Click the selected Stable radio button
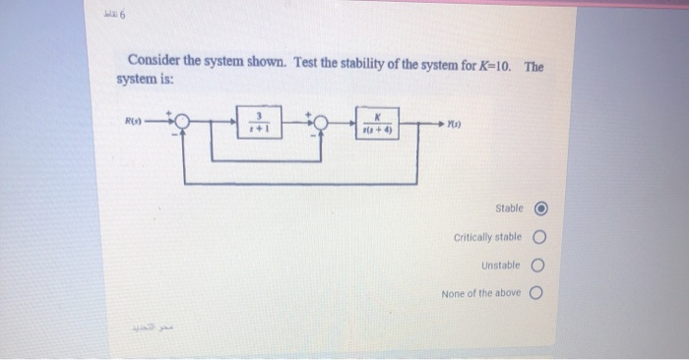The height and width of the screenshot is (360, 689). pyautogui.click(x=539, y=209)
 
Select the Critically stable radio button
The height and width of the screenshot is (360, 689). pyautogui.click(x=539, y=237)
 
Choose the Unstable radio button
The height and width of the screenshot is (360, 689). pyautogui.click(x=539, y=266)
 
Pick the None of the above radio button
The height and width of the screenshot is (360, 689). pyautogui.click(x=539, y=293)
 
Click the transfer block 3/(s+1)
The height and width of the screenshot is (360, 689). pyautogui.click(x=258, y=123)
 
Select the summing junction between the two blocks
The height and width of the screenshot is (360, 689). pyautogui.click(x=319, y=123)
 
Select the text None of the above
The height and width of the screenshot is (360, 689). pyautogui.click(x=481, y=294)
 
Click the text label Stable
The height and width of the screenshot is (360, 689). pyautogui.click(x=509, y=209)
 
